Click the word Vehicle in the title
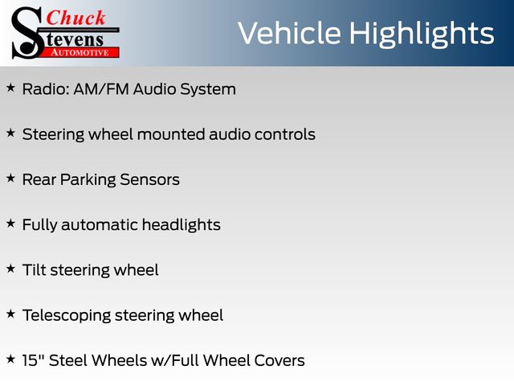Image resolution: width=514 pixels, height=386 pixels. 290,33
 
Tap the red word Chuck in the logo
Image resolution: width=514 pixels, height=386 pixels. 75,18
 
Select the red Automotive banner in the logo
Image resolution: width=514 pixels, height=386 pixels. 80,52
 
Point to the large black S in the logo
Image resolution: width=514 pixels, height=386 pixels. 27,33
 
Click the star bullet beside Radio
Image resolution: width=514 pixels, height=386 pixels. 10,88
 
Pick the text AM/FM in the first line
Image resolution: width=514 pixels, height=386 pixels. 101,89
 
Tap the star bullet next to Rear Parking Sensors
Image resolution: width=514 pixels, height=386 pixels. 10,179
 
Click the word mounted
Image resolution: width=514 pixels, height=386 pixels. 171,134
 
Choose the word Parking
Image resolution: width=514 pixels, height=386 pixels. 88,180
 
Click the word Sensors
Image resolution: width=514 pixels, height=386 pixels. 150,180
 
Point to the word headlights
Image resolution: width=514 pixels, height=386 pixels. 182,225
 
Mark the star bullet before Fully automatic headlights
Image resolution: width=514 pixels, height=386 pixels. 10,224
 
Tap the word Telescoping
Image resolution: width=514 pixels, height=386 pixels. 67,316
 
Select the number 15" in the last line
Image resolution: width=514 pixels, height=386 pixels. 34,360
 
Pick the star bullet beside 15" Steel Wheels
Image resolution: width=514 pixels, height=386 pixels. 10,359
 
